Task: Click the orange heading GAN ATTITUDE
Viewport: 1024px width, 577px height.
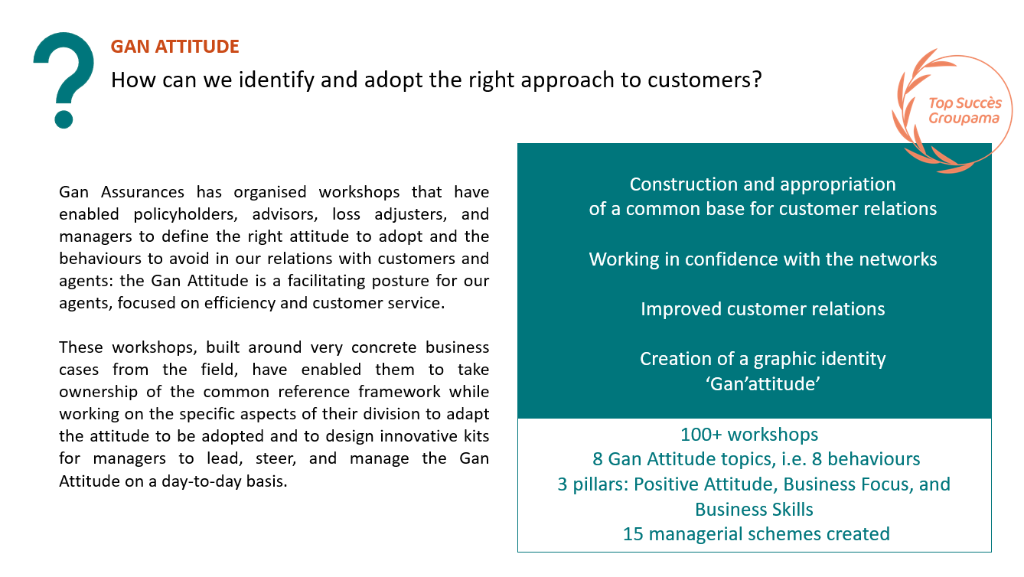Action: click(x=174, y=47)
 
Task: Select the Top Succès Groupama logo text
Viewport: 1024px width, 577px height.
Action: click(x=964, y=111)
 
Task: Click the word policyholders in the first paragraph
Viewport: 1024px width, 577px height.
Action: click(x=185, y=214)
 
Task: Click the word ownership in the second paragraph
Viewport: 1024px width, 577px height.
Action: click(x=98, y=392)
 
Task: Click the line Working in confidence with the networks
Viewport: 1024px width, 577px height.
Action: click(x=762, y=259)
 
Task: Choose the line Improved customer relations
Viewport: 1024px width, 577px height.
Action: click(x=762, y=309)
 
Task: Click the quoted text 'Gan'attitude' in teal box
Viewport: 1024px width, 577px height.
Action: click(x=762, y=384)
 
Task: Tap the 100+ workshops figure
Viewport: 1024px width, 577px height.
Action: click(x=749, y=435)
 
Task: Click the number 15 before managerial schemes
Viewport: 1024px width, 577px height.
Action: click(x=633, y=534)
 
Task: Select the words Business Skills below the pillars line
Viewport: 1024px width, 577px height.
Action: click(x=754, y=510)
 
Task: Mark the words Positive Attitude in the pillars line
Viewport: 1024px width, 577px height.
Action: click(x=706, y=484)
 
